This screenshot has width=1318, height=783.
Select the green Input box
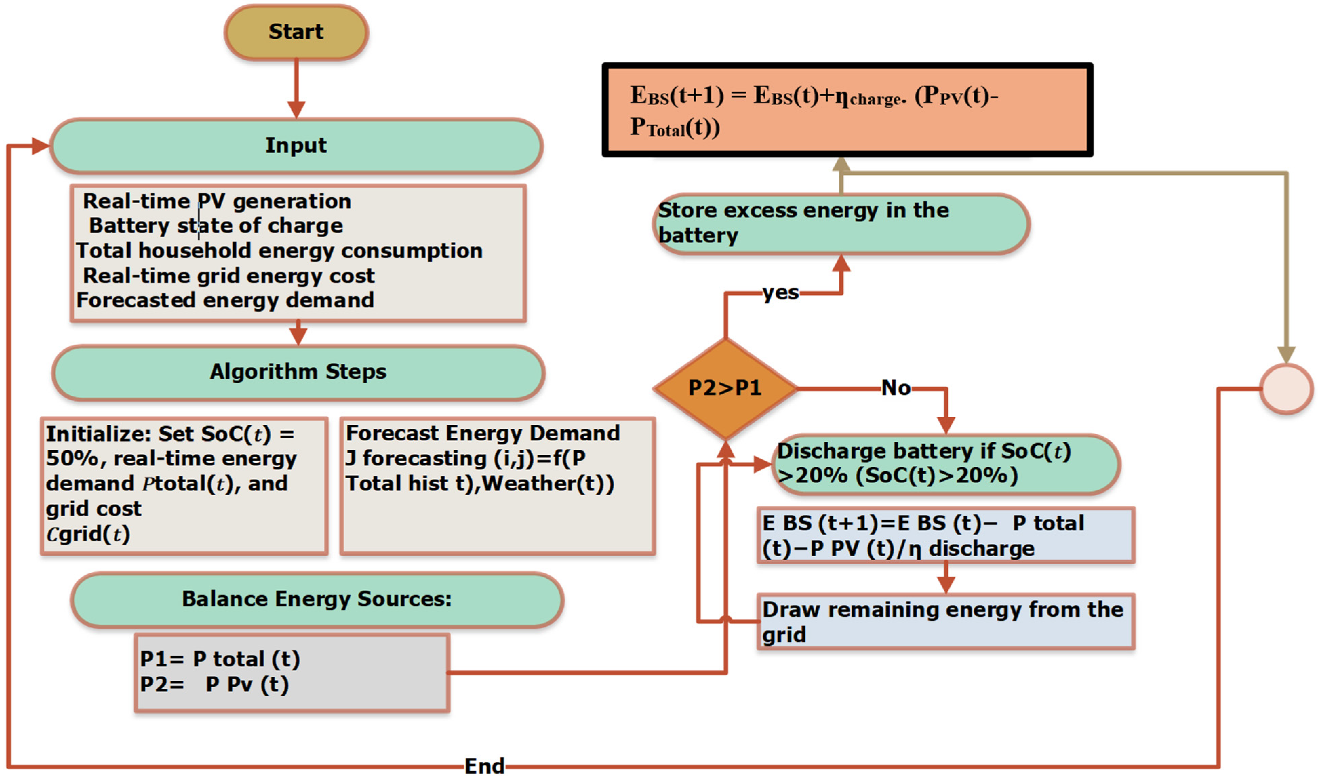[x=296, y=146]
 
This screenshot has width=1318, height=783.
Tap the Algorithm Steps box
[x=298, y=372]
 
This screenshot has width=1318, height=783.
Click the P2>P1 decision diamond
[x=725, y=388]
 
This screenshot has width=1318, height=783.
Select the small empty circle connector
[x=1286, y=388]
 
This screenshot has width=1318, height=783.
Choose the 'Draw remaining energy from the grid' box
[x=944, y=622]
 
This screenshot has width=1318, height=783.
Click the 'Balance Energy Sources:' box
[x=317, y=599]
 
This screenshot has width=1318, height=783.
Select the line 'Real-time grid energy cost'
[x=228, y=276]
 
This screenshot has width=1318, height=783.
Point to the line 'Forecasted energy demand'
[x=225, y=300]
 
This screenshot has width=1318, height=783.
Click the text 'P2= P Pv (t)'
[x=214, y=684]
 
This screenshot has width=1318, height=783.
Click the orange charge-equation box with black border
[x=847, y=110]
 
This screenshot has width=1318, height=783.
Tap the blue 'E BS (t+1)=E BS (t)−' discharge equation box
[x=944, y=536]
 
